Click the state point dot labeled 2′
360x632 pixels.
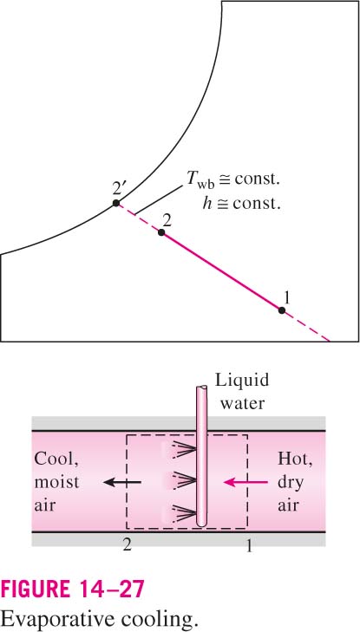click(x=116, y=203)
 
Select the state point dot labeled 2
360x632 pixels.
click(x=161, y=232)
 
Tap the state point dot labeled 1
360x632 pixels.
click(x=282, y=310)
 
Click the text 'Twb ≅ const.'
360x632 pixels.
click(x=232, y=180)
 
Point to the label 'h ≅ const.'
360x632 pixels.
click(x=240, y=205)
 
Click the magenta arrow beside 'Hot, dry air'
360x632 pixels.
click(x=245, y=482)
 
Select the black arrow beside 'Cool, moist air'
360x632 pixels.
click(x=122, y=482)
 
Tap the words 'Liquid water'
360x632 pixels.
click(x=241, y=392)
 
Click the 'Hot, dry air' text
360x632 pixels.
click(x=295, y=482)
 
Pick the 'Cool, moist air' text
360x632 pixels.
click(x=57, y=482)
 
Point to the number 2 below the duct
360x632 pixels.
click(x=128, y=545)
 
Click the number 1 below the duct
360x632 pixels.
click(x=249, y=545)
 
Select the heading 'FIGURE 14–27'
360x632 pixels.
click(x=72, y=590)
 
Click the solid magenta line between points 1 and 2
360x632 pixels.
click(x=221, y=271)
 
